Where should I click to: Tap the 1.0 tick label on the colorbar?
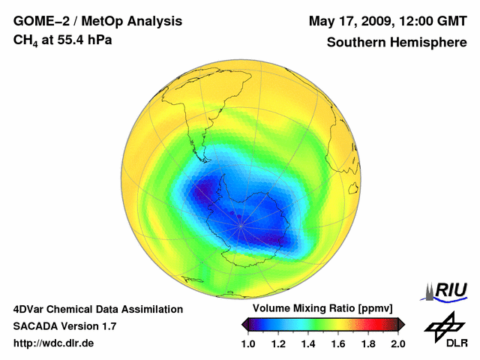(249, 344)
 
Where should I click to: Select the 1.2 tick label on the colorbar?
(279, 344)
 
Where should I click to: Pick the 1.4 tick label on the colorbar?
(308, 344)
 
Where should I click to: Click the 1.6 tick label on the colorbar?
(338, 344)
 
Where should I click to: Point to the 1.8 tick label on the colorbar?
(367, 344)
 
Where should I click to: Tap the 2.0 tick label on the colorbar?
(397, 344)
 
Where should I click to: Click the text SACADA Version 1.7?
(64, 326)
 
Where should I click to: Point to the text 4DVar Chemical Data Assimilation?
(97, 309)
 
